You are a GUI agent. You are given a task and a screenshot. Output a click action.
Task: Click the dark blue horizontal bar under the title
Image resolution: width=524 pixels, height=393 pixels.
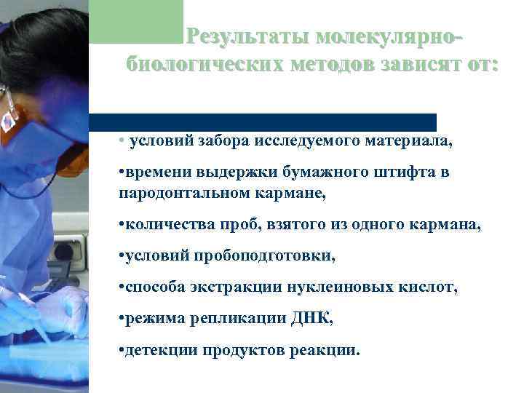pos(262,122)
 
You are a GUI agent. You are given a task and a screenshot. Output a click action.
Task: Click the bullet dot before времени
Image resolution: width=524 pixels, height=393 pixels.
pos(121,174)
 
